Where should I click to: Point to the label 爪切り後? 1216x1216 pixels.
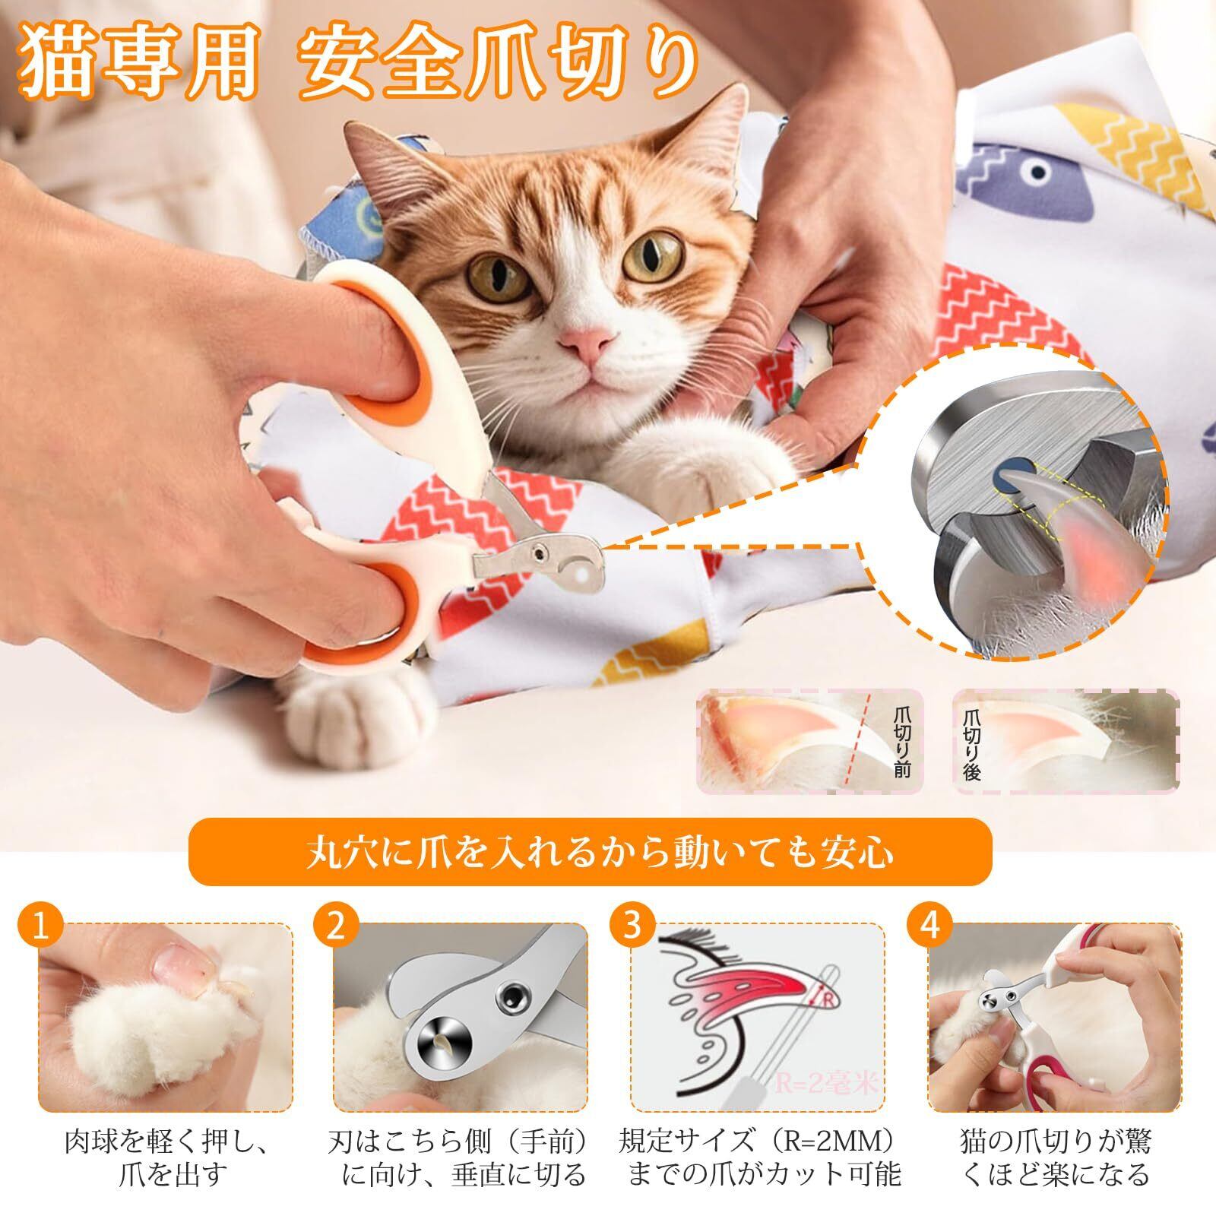coord(972,742)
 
